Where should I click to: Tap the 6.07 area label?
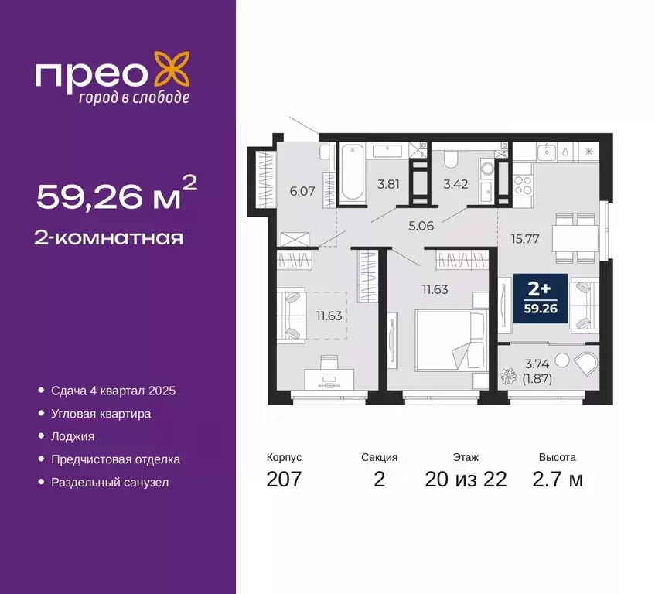click(x=301, y=189)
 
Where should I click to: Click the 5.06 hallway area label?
click(x=421, y=227)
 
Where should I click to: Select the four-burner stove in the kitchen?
click(x=524, y=186)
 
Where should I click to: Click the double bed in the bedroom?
click(x=451, y=340)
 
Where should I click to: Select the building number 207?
click(x=284, y=479)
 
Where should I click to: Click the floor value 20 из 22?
click(x=466, y=479)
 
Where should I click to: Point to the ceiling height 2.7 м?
click(x=558, y=479)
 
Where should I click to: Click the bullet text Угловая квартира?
click(x=101, y=414)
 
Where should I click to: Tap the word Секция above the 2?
click(x=379, y=457)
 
